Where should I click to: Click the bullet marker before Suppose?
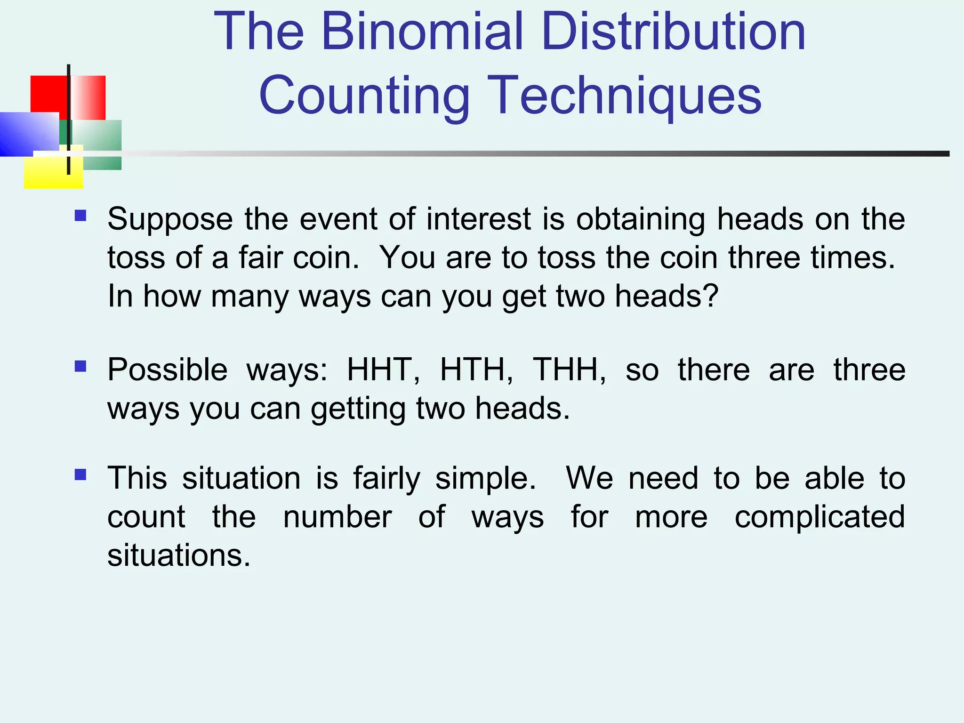[x=80, y=216]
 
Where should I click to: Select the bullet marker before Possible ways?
[x=80, y=366]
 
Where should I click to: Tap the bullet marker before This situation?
[x=80, y=474]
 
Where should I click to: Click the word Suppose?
[x=170, y=220]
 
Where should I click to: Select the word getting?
[x=358, y=409]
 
